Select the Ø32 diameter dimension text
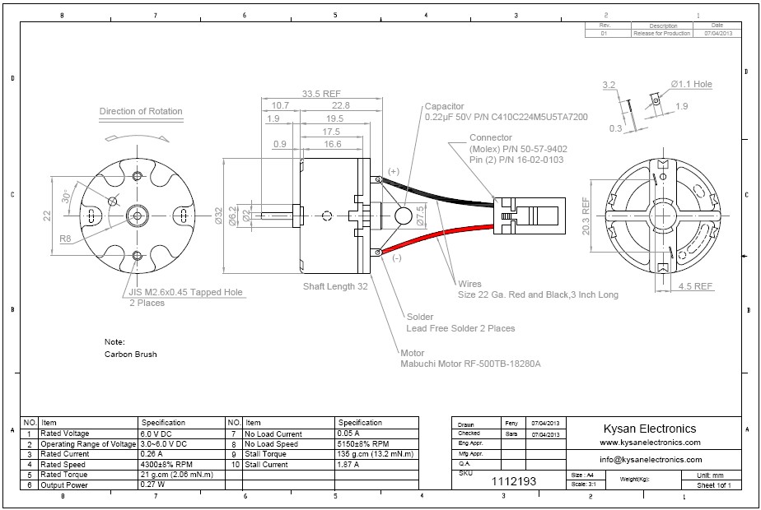point(217,216)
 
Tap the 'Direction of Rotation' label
point(141,111)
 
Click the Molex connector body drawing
point(531,216)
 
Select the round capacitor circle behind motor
point(404,216)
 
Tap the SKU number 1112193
point(514,481)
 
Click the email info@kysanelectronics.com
point(651,460)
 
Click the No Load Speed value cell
point(363,443)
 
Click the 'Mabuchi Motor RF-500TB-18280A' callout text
point(470,364)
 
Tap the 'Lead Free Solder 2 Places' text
point(460,328)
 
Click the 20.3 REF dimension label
point(586,216)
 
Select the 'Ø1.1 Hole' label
point(692,84)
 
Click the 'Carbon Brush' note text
point(130,355)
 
